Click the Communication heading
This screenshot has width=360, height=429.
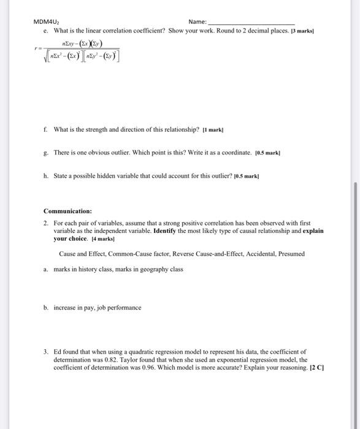tap(67, 211)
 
